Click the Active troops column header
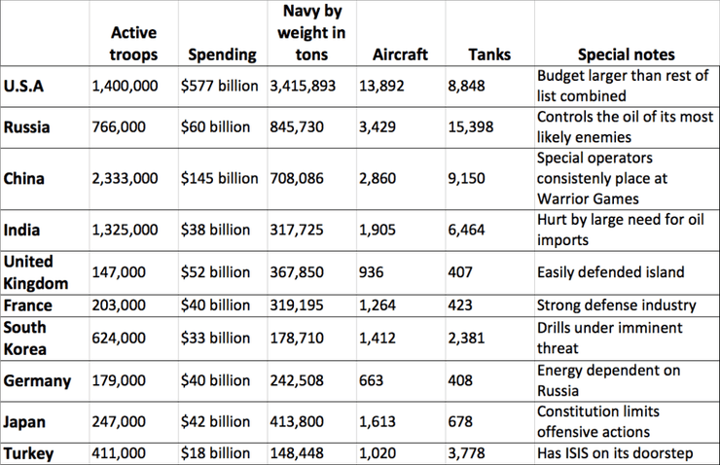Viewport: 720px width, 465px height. pos(134,45)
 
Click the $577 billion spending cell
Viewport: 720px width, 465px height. pos(223,87)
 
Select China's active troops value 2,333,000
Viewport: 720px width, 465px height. pos(125,179)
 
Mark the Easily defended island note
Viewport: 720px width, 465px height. pos(611,272)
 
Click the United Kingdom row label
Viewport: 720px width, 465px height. pos(36,272)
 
